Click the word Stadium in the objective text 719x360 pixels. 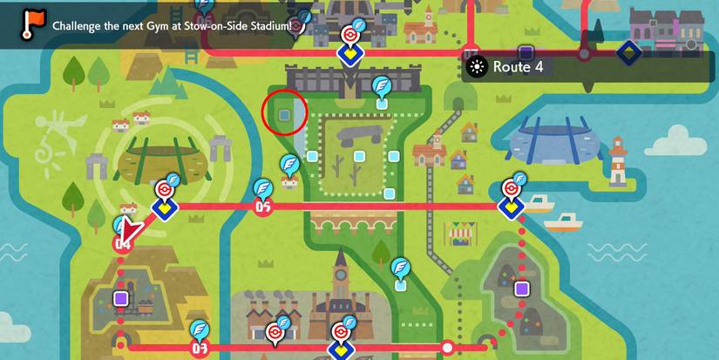[x=265, y=24]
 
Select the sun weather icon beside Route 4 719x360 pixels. [x=477, y=67]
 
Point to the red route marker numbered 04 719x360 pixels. [x=122, y=245]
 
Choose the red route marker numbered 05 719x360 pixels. [x=262, y=207]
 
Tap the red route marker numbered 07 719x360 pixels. [x=198, y=349]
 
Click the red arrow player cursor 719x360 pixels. [x=131, y=232]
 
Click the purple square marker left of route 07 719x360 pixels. [x=121, y=299]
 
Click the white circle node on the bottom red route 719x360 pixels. [x=448, y=348]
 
